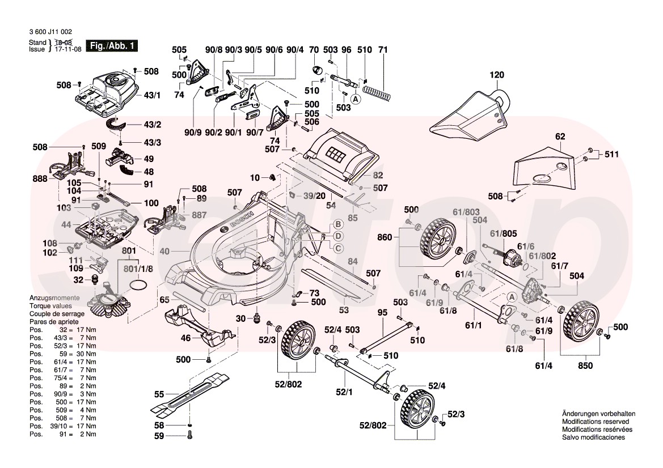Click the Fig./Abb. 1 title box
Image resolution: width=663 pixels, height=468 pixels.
[111, 46]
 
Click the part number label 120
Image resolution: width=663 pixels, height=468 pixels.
[497, 75]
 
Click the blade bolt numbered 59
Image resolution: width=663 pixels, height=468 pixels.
[189, 436]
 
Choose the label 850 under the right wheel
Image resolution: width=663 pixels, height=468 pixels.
[585, 365]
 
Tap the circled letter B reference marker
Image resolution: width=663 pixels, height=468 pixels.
[337, 224]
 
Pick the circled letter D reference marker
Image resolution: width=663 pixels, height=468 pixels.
[337, 235]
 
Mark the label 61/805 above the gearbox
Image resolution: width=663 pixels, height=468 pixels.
[504, 232]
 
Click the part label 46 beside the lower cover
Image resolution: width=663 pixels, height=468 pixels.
[185, 338]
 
